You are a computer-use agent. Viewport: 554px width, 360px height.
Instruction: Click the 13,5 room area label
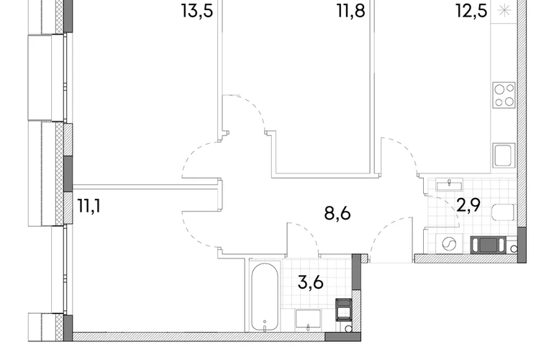[x=197, y=11]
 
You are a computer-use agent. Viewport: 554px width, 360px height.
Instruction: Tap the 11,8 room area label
[x=351, y=11]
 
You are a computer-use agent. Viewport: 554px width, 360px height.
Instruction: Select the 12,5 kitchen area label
[x=471, y=11]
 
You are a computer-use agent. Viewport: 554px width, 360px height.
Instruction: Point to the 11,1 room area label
[x=89, y=206]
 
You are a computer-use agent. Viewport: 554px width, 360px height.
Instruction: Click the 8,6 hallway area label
[x=337, y=214]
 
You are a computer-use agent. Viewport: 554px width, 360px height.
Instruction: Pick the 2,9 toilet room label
[x=468, y=205]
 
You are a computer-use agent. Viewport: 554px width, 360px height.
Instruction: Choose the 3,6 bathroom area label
[x=311, y=282]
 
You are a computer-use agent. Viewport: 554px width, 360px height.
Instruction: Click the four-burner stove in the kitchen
[x=504, y=95]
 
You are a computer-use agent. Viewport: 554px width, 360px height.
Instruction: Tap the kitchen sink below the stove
[x=504, y=156]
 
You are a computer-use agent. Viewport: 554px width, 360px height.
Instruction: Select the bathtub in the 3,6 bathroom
[x=265, y=297]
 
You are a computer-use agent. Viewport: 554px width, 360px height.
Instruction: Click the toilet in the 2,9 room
[x=503, y=212]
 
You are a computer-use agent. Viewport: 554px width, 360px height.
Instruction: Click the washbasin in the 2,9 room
[x=449, y=184]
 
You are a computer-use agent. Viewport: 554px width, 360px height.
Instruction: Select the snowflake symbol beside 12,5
[x=504, y=11]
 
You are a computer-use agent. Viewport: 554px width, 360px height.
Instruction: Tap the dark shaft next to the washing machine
[x=489, y=245]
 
